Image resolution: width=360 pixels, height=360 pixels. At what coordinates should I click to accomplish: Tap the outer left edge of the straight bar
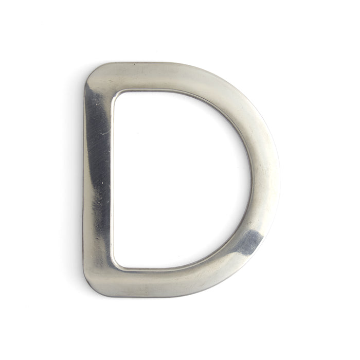pyautogui.click(x=84, y=180)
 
